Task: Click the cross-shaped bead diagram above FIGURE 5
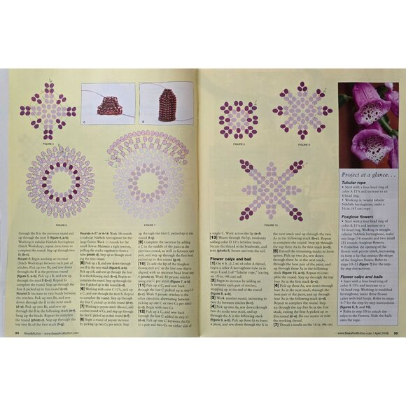48,105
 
